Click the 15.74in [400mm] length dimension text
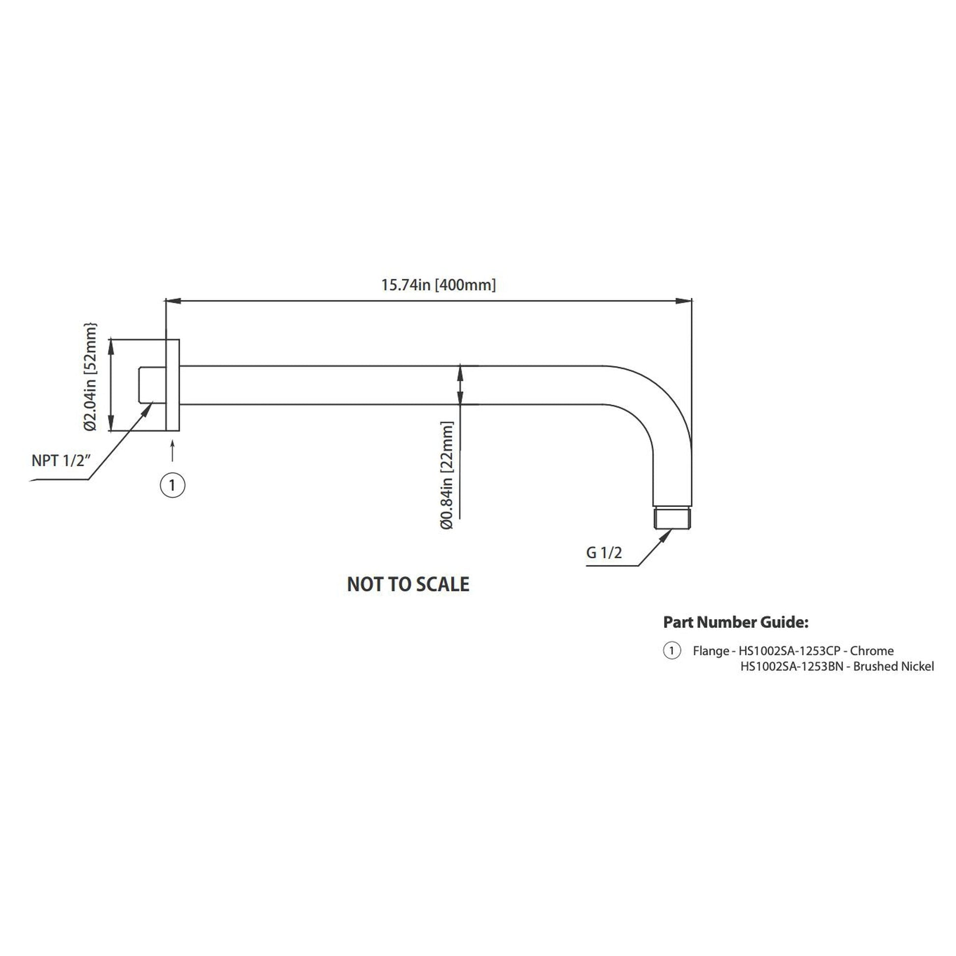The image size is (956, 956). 438,285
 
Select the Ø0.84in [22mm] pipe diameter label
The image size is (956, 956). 447,476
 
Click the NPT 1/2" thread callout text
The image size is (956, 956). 61,461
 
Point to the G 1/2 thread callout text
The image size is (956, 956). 604,553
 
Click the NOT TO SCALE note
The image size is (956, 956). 408,585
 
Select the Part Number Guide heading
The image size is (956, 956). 735,622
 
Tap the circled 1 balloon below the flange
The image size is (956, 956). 172,485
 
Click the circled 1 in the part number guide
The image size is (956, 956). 672,651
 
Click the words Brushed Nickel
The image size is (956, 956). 894,667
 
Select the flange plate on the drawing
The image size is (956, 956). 172,385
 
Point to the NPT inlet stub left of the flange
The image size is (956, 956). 152,385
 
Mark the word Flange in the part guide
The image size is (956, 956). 710,651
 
